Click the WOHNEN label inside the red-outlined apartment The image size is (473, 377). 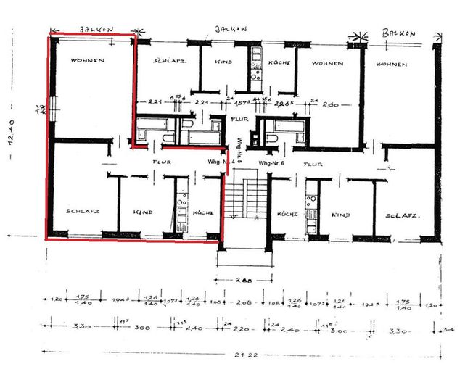pyautogui.click(x=87, y=60)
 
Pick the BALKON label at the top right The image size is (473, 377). pyautogui.click(x=398, y=34)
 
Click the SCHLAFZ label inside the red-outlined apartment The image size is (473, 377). pyautogui.click(x=81, y=211)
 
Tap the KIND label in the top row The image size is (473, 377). pyautogui.click(x=223, y=62)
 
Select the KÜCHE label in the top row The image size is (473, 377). pyautogui.click(x=279, y=63)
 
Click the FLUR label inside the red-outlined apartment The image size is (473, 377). pyautogui.click(x=161, y=162)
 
